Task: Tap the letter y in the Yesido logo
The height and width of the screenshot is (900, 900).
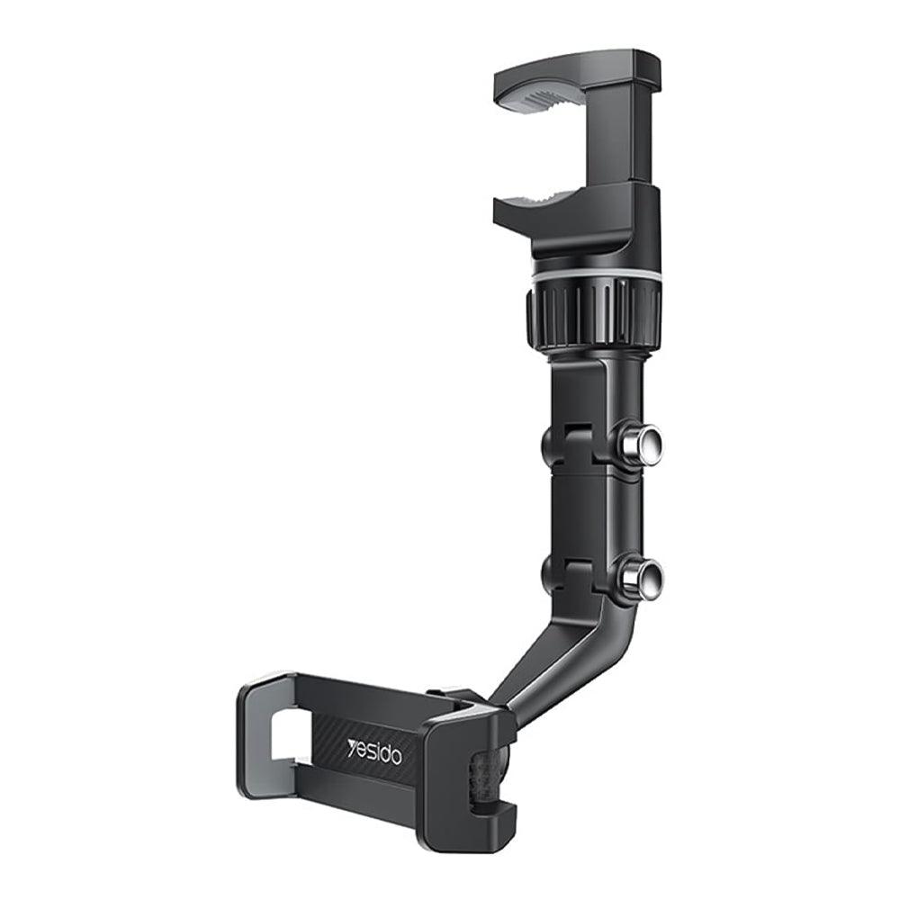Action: pos(352,745)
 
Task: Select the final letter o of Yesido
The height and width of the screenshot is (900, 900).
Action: pos(396,758)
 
